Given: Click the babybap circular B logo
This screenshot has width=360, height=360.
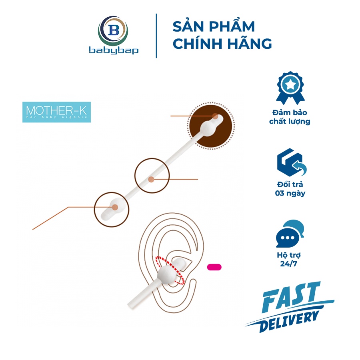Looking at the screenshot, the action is (x=113, y=31).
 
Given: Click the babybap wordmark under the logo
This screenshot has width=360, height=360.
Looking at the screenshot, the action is (x=114, y=51).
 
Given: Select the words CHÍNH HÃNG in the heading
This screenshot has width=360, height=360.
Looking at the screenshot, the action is (x=222, y=43).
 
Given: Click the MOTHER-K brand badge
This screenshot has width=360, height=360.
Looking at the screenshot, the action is (x=56, y=112).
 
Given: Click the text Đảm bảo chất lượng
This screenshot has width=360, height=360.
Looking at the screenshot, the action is (x=290, y=117).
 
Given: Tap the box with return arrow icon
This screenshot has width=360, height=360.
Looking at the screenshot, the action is (x=292, y=162).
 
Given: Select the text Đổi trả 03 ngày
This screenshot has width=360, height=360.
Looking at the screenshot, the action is (x=290, y=189).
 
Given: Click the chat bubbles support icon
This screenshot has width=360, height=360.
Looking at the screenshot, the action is (x=290, y=234).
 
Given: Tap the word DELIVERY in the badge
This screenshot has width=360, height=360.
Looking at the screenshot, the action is (x=289, y=321).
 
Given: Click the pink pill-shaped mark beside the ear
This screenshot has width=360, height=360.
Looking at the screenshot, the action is (x=214, y=267).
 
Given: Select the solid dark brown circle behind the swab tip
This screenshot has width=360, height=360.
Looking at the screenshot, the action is (x=211, y=126).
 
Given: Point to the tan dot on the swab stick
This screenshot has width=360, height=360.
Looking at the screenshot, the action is (x=151, y=179).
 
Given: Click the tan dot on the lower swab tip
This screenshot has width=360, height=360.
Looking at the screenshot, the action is (x=115, y=207).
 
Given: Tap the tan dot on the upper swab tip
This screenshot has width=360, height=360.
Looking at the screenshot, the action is (x=215, y=116).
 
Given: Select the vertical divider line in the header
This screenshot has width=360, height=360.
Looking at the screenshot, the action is (x=156, y=36).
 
